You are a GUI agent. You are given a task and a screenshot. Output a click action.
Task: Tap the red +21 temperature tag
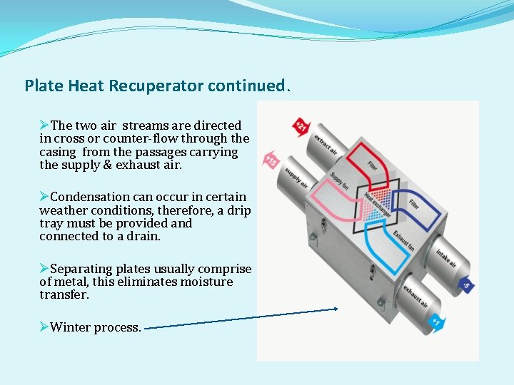[301, 127]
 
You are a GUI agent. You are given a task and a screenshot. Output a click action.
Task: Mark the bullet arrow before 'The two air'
[44, 125]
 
